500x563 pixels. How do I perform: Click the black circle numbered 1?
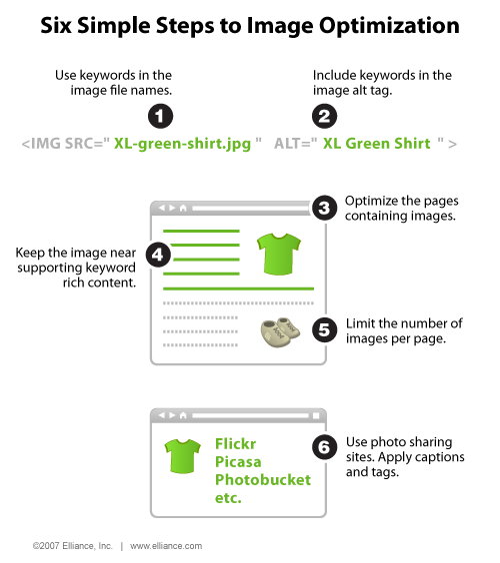pos(160,116)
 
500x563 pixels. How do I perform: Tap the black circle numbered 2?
pos(324,116)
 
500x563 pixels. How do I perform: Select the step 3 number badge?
pos(324,208)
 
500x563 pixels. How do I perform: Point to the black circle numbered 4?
pos(158,255)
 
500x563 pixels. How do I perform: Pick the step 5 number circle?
pos(324,330)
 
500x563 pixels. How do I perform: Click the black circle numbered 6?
pos(324,447)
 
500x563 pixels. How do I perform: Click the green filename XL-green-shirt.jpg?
pos(182,144)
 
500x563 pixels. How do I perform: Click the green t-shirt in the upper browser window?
pos(279,254)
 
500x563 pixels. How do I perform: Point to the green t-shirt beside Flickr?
pos(183,456)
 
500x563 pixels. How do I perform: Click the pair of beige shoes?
pos(280,332)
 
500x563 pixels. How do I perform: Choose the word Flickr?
pos(235,444)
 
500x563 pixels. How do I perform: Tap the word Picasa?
pos(238,462)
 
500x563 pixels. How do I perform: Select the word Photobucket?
pos(263,480)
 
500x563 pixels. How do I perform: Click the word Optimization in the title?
pos(389,26)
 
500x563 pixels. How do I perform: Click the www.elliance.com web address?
pos(166,546)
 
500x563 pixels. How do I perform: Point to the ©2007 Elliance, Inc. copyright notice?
pos(72,546)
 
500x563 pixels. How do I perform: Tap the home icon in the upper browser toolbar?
pos(183,208)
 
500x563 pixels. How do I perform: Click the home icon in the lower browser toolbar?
pos(183,415)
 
